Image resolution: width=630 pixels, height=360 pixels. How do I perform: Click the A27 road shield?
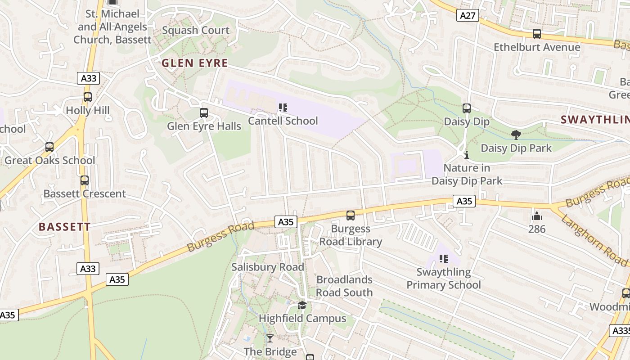(x=468, y=16)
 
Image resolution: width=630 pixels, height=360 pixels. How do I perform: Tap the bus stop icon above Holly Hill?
(x=88, y=97)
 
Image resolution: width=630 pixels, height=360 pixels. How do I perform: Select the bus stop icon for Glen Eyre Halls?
(x=204, y=113)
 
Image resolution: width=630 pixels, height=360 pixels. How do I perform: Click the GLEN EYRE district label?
(x=195, y=63)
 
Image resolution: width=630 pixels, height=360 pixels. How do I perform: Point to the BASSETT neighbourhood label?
(x=65, y=227)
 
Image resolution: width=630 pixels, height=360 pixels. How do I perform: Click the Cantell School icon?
(x=283, y=108)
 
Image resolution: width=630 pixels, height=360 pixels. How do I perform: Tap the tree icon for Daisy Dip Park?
(x=516, y=135)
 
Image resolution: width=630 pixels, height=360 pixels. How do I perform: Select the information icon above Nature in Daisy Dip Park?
(x=467, y=155)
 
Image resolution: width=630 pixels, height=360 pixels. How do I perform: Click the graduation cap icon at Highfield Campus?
(x=302, y=305)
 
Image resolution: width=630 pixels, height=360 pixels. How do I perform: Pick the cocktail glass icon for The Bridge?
(x=270, y=338)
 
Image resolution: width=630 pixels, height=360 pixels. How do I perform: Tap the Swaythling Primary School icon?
(x=444, y=259)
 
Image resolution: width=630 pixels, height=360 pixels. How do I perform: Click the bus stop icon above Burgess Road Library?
(x=351, y=216)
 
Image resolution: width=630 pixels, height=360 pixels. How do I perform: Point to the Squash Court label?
(x=196, y=31)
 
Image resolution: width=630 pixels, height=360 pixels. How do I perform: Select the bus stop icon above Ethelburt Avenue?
(x=536, y=34)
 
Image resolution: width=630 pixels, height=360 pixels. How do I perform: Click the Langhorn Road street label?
(x=594, y=240)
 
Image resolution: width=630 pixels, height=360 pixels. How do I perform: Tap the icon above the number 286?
(x=536, y=216)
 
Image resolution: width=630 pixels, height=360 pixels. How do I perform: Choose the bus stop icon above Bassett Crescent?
(x=85, y=180)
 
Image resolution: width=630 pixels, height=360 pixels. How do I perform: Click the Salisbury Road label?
(x=268, y=267)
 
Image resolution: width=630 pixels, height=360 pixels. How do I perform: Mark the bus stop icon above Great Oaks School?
(x=49, y=147)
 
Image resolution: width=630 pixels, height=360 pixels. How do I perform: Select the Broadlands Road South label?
(x=344, y=286)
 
